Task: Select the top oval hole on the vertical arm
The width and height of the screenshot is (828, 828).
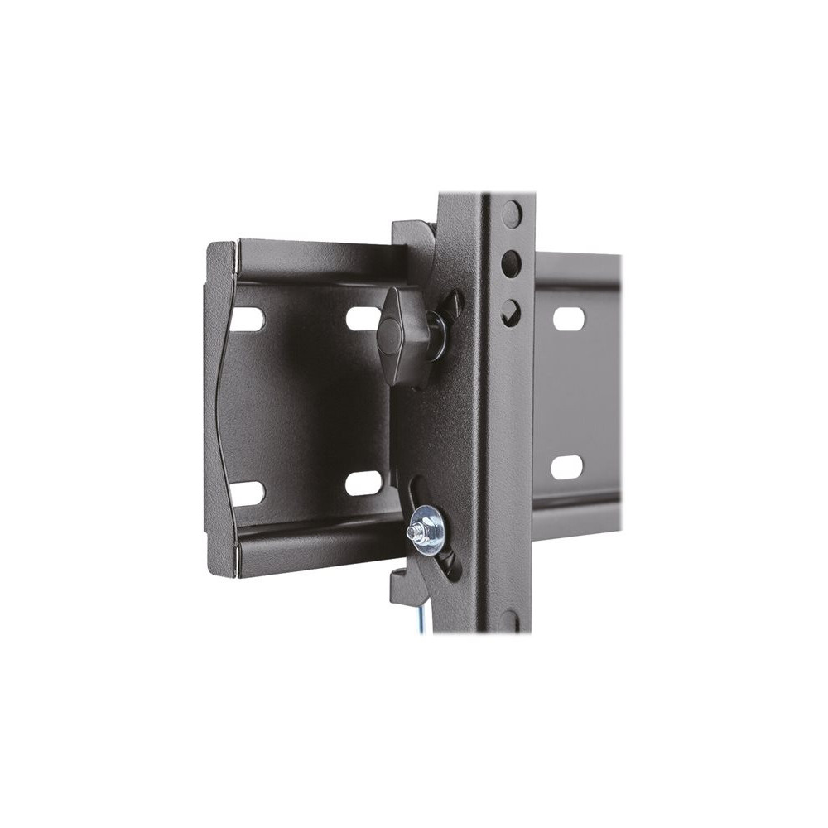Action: (513, 214)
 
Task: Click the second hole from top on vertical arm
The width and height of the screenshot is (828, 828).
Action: (511, 263)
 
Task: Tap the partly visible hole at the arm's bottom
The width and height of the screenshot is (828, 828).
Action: (510, 620)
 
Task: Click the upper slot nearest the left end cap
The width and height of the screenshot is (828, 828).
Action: (247, 320)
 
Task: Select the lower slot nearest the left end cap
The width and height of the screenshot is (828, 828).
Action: (247, 493)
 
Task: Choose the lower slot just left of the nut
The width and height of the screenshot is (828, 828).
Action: (364, 484)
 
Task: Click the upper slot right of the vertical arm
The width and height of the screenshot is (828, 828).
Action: (568, 319)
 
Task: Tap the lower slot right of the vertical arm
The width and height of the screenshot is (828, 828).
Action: (567, 467)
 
